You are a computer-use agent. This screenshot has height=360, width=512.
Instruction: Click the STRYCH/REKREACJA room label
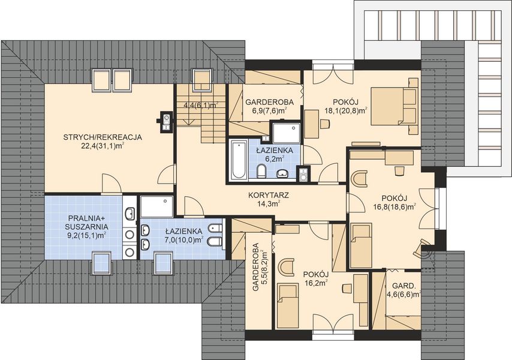tap(103, 137)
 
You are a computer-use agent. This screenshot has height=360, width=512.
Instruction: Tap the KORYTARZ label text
tap(269, 196)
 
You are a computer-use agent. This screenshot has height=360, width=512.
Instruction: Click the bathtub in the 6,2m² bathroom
tap(239, 159)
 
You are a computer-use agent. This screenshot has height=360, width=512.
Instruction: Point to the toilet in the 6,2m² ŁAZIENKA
tap(261, 171)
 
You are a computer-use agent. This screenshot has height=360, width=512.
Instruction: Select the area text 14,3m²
tap(269, 204)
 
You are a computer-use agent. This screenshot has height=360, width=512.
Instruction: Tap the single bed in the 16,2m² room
tap(288, 306)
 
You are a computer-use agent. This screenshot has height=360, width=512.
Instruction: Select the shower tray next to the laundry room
tap(156, 206)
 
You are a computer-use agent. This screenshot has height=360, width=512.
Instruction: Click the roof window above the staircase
tap(203, 80)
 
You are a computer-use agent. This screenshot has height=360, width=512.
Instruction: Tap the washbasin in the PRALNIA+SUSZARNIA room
tap(130, 214)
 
